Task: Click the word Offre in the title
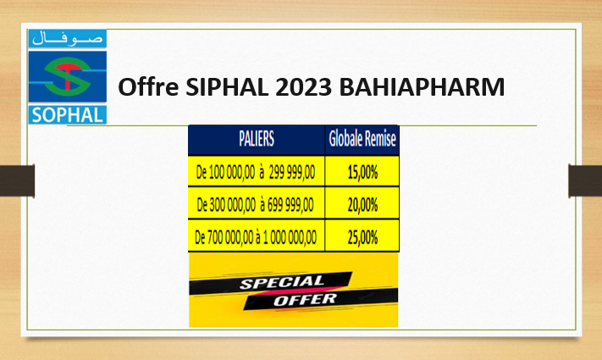click(x=148, y=86)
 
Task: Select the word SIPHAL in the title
click(x=227, y=86)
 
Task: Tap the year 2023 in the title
click(x=303, y=86)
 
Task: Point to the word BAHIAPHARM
click(x=422, y=86)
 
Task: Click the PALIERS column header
click(x=257, y=139)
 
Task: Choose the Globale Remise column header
click(x=362, y=139)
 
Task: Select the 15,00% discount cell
click(x=362, y=171)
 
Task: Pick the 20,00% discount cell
click(x=362, y=203)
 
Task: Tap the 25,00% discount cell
click(x=362, y=236)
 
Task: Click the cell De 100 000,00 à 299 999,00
click(x=256, y=171)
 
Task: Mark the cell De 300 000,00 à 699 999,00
click(x=256, y=203)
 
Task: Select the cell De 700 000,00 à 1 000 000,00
click(x=256, y=236)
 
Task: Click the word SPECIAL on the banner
click(x=282, y=282)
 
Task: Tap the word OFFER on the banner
click(x=305, y=300)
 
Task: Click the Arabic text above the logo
click(x=68, y=38)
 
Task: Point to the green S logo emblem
click(x=68, y=76)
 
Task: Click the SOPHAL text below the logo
click(x=68, y=115)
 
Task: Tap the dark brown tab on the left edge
click(x=17, y=180)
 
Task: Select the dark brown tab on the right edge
click(x=585, y=180)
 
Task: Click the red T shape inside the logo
click(x=68, y=75)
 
